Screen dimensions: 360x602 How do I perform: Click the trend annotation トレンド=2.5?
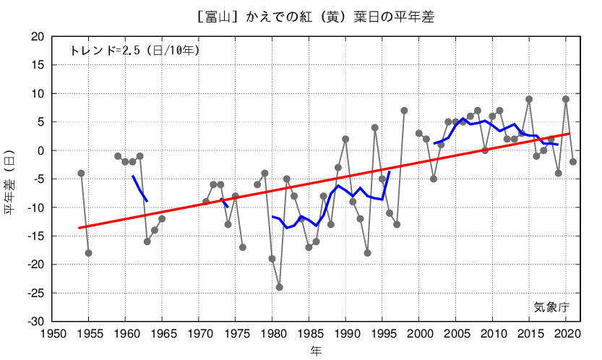134,51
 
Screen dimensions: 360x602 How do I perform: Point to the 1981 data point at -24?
280,287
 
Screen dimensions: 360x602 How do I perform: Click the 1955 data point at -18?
88,253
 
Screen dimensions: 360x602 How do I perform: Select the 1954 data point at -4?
81,173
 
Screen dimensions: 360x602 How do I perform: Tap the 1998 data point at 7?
404,111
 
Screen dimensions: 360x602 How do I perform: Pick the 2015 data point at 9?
529,99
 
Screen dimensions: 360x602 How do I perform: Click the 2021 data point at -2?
573,162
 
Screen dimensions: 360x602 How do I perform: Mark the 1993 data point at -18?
367,253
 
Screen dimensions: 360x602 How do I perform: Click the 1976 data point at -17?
243,247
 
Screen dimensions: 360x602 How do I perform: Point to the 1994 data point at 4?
375,128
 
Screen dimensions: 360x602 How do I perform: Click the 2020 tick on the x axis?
566,333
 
